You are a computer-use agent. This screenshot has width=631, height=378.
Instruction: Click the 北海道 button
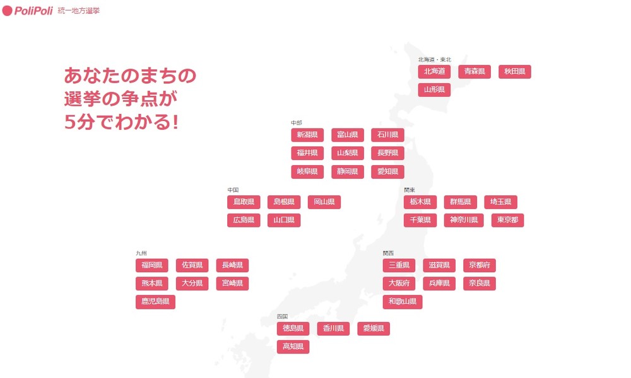[x=434, y=72]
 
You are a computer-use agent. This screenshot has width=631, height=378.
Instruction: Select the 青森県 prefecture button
[x=475, y=72]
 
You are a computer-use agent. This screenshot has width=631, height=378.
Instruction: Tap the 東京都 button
[x=508, y=220]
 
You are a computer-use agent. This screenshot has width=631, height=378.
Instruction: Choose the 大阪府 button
[x=399, y=283]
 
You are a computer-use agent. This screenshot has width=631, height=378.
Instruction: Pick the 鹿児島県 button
[x=155, y=302]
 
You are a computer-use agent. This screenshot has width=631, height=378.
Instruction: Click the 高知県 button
[x=293, y=346]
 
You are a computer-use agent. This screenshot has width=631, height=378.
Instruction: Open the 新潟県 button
[x=307, y=135]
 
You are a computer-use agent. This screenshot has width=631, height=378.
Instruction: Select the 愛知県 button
[x=387, y=171]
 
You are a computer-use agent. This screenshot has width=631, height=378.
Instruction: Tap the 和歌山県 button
[x=403, y=302]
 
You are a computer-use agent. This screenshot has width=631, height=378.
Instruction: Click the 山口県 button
[x=284, y=220]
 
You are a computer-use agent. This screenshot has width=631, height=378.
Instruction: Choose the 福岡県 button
[x=152, y=265]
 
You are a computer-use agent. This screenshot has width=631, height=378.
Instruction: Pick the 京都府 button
[x=480, y=265]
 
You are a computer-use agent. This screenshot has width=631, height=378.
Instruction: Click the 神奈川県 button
[x=464, y=220]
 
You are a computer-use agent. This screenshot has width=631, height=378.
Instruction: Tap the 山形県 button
[x=434, y=90]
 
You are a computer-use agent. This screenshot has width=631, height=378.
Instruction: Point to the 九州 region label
[x=141, y=253]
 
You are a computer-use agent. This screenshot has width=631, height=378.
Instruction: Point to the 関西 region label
[x=388, y=253]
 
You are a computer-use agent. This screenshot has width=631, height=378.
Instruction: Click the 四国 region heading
[x=282, y=316]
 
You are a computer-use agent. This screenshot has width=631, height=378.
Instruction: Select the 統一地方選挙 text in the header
[x=78, y=11]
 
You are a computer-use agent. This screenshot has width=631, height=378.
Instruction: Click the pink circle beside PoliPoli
[x=8, y=11]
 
